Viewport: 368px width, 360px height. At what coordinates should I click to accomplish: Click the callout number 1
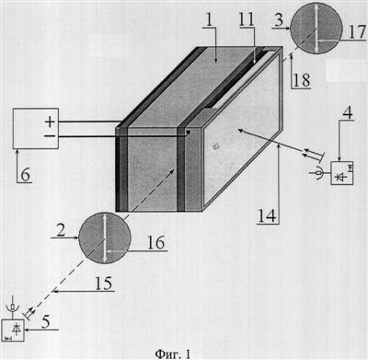pos(209,18)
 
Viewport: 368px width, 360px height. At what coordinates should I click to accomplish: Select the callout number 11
pos(247,19)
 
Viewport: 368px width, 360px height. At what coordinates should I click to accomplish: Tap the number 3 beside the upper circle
pos(279,19)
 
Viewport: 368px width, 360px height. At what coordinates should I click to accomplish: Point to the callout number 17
pos(357,31)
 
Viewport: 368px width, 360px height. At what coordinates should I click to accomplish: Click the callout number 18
pos(302,80)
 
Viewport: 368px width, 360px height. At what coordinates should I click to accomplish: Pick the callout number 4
pos(347,112)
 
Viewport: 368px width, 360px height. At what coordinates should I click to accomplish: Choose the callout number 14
pos(268,215)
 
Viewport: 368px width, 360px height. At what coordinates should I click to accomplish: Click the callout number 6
pos(25,175)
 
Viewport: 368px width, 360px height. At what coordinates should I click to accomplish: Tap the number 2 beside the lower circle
pos(61,230)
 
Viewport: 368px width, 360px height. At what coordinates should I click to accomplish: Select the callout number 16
pos(156,243)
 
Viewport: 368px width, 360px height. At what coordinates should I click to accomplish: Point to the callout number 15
pos(104,283)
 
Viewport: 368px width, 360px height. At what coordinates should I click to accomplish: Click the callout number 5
pos(45,322)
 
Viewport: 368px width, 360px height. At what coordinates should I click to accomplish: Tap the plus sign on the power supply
pos(50,122)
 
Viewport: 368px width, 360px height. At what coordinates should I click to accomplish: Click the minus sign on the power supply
pos(50,136)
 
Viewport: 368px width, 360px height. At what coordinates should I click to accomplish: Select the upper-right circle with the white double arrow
pos(316,28)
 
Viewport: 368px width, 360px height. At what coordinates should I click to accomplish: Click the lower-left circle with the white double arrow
pos(105,238)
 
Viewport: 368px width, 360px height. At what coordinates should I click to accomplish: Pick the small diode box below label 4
pos(342,173)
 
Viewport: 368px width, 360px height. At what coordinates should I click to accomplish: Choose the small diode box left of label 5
pos(13,330)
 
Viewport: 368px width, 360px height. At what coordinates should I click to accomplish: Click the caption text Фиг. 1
pos(173,354)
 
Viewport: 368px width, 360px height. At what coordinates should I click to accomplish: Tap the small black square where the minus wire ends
pos(188,132)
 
